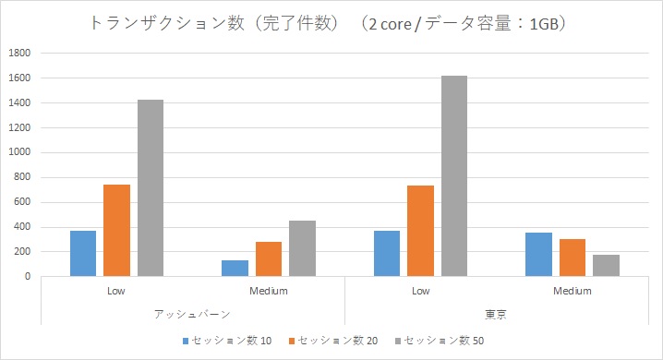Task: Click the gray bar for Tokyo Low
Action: (x=454, y=175)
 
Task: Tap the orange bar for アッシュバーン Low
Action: (x=117, y=230)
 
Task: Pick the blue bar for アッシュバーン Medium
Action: (x=235, y=268)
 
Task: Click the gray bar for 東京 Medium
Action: (x=606, y=265)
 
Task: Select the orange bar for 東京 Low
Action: (x=421, y=231)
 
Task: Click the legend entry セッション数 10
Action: (x=225, y=342)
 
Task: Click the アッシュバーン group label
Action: (x=193, y=314)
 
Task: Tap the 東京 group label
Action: (x=497, y=314)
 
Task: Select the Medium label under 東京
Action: (x=573, y=291)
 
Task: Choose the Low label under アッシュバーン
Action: (x=117, y=291)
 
